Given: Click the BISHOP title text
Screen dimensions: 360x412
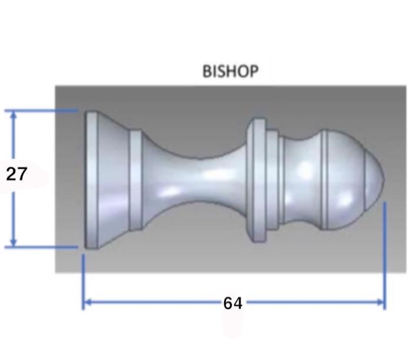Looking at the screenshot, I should [230, 72].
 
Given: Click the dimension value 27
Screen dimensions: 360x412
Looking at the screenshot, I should [16, 175].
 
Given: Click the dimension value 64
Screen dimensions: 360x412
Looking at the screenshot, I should [232, 304].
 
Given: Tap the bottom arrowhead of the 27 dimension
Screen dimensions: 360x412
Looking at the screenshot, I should [14, 242].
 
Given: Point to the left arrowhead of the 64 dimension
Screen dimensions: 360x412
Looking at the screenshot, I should [87, 304].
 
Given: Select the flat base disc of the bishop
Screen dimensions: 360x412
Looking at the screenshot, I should [91, 179].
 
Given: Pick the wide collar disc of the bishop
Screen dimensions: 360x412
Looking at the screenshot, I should [257, 179].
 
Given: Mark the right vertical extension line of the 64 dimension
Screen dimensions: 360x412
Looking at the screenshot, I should [384, 253].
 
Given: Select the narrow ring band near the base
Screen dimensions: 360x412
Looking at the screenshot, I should [135, 179].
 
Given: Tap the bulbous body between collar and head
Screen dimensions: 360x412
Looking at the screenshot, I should [300, 179].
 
